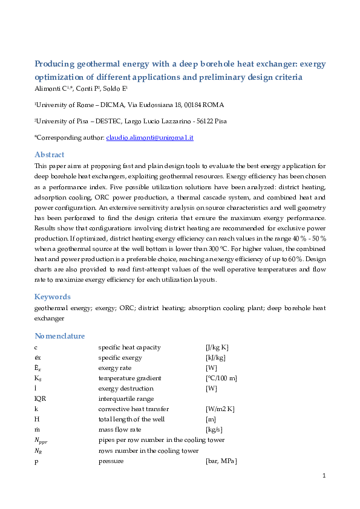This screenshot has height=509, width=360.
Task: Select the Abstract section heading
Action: tap(49, 155)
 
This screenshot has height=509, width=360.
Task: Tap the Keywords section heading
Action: tap(53, 297)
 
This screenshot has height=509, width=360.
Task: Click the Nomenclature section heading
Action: tap(60, 336)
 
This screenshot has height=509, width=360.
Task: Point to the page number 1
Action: tap(324, 476)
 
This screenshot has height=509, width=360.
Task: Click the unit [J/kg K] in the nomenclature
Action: tap(217, 347)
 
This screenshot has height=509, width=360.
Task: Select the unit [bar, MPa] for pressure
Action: tap(221, 461)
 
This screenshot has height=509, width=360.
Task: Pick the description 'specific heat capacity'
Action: tap(129, 347)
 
